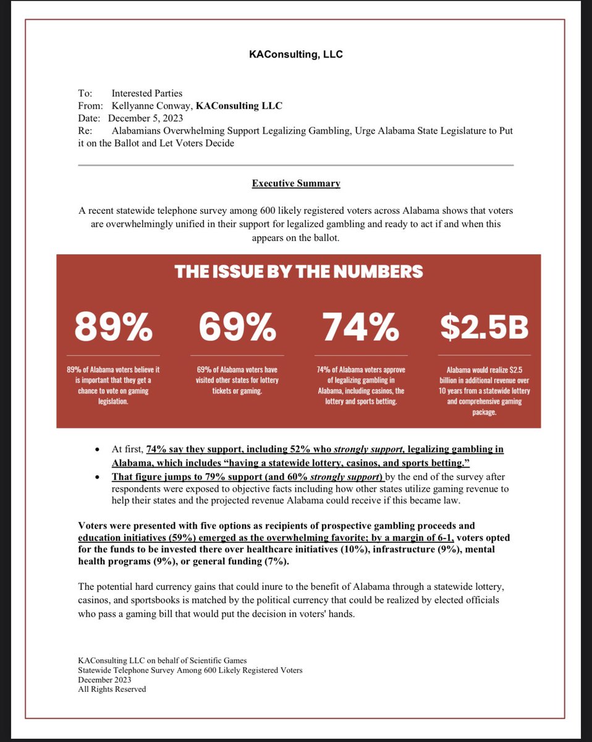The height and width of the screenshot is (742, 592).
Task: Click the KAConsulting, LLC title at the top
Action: point(295,54)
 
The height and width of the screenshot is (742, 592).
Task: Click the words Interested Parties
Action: point(147,94)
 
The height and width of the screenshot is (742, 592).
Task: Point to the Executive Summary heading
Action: point(295,184)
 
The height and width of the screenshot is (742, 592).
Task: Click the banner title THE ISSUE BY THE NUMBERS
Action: point(298,271)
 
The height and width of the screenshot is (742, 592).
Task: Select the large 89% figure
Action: point(113,328)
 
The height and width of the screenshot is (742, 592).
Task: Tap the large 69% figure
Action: point(237,328)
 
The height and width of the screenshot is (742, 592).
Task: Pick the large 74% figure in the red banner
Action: point(360,328)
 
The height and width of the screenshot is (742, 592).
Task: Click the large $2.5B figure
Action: point(484,328)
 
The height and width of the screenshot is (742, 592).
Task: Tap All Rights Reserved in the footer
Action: point(112,689)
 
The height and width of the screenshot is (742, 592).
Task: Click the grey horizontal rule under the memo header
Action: point(295,165)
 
